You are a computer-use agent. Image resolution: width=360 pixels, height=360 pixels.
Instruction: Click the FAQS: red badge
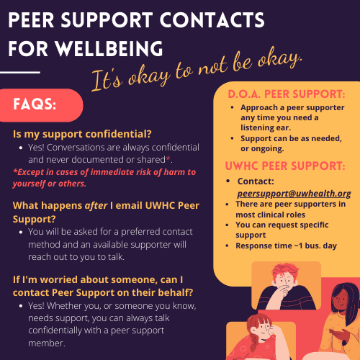click(41, 105)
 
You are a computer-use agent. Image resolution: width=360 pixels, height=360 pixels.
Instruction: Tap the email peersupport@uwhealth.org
click(294, 194)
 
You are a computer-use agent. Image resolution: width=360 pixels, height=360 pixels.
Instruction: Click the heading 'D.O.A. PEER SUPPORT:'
click(287, 94)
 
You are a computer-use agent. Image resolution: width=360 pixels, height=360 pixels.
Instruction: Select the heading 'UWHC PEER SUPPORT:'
click(285, 166)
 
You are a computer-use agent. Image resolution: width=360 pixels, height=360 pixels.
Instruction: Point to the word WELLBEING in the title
click(109, 49)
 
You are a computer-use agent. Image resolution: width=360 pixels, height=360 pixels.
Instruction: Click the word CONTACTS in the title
click(212, 20)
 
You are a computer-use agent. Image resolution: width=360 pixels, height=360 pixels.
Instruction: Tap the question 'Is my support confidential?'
click(82, 134)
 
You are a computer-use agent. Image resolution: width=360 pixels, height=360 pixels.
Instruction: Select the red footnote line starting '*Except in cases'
click(104, 172)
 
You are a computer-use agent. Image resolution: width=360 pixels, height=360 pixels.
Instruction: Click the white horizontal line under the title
click(20, 72)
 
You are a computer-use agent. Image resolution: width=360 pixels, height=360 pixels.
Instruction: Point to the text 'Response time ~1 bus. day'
click(286, 246)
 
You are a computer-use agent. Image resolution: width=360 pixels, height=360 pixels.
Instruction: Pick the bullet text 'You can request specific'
click(282, 225)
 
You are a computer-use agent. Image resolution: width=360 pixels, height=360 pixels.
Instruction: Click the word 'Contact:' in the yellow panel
click(256, 181)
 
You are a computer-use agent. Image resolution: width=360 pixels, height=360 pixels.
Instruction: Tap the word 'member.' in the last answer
click(47, 343)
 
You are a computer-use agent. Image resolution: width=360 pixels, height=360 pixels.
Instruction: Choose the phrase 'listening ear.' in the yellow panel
click(266, 127)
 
